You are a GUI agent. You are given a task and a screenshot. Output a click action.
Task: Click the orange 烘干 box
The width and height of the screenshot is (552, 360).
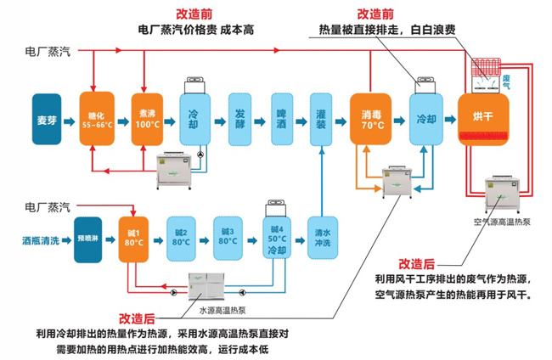point(482,117)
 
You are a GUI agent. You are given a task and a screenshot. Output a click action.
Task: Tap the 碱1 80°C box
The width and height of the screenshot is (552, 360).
point(132,235)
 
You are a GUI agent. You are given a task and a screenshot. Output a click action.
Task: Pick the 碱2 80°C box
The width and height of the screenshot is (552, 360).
point(180,235)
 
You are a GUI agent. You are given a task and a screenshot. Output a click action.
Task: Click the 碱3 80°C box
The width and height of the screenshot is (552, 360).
point(227,235)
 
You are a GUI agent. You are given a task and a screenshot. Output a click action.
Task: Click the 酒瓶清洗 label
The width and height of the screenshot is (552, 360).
point(41,240)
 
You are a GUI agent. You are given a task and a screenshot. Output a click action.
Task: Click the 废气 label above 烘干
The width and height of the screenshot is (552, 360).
point(507,82)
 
